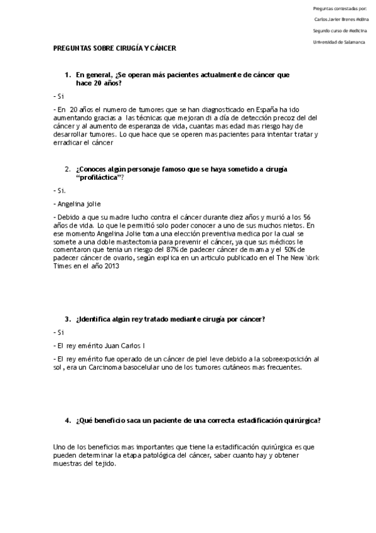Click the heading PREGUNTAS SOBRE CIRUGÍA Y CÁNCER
click(115, 48)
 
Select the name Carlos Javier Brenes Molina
click(341, 19)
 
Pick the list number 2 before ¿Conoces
click(67, 169)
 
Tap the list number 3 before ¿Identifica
click(67, 319)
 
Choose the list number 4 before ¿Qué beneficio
click(67, 420)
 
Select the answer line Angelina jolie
click(79, 204)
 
